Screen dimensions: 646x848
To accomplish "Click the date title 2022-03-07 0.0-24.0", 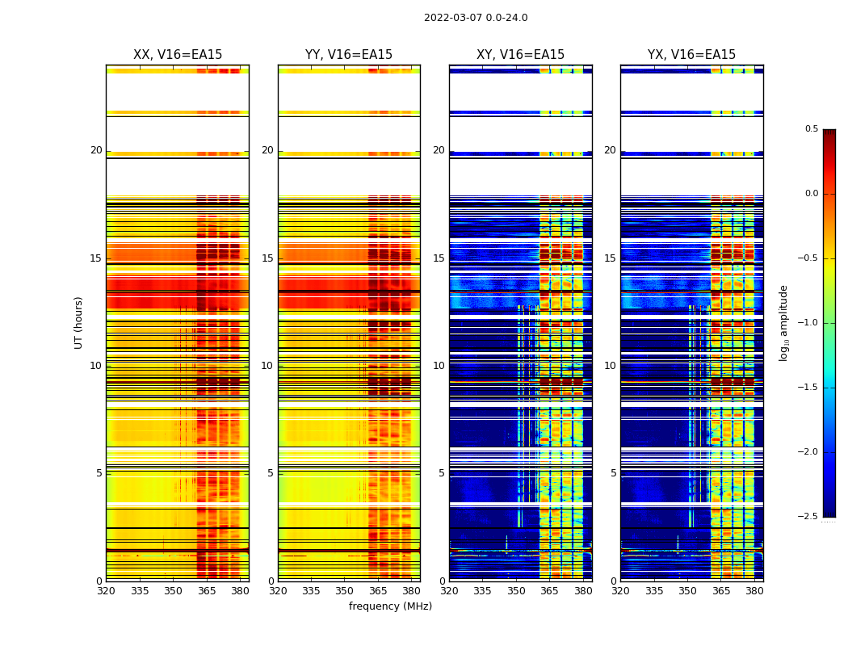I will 476,18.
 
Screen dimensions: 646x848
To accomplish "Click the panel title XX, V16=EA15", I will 178,55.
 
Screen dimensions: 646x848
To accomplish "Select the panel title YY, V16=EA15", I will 349,55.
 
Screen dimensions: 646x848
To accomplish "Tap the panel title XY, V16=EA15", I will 520,55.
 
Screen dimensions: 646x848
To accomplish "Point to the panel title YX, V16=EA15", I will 691,55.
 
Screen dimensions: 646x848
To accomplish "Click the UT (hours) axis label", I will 78,322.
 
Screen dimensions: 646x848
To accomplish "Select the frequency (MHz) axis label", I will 390,606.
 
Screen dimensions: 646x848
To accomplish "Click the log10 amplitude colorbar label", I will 783,322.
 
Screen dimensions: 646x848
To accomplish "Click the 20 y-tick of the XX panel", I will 96,150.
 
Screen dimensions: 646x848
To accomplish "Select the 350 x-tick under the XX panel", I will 173,590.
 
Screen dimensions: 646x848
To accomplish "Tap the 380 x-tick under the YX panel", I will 754,590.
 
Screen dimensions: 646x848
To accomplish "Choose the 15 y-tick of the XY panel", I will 439,258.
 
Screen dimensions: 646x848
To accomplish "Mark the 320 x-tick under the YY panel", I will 278,590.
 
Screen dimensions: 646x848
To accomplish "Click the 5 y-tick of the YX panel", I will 614,473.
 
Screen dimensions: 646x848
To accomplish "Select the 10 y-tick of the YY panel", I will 267,366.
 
